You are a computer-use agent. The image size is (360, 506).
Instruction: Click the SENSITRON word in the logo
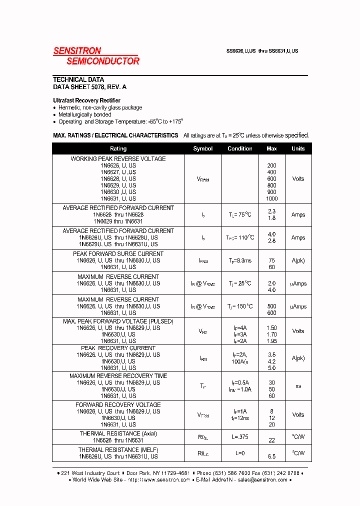pyautogui.click(x=77, y=50)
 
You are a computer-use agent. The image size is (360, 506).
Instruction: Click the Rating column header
pyautogui.click(x=118, y=148)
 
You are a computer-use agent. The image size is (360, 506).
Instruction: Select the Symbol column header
pyautogui.click(x=202, y=148)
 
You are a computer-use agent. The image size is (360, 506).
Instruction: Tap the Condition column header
pyautogui.click(x=240, y=148)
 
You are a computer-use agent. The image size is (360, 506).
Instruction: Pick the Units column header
pyautogui.click(x=298, y=148)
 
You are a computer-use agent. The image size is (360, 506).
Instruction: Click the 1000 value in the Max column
pyautogui.click(x=271, y=198)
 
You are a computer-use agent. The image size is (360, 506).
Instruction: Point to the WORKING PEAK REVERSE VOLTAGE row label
pyautogui.click(x=118, y=159)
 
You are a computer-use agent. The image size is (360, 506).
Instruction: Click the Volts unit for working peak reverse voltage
pyautogui.click(x=298, y=178)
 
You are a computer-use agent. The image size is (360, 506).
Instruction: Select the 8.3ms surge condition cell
pyautogui.click(x=240, y=260)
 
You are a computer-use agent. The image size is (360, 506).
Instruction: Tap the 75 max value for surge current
pyautogui.click(x=271, y=260)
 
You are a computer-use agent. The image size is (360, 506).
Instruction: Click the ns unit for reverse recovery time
pyautogui.click(x=298, y=386)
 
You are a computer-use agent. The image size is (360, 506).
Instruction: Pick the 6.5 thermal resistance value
pyautogui.click(x=271, y=456)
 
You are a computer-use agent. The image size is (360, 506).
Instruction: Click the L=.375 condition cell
pyautogui.click(x=240, y=437)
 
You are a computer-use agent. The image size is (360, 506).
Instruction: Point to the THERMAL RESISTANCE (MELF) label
pyautogui.click(x=118, y=450)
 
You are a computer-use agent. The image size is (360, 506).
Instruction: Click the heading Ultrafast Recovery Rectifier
pyautogui.click(x=86, y=100)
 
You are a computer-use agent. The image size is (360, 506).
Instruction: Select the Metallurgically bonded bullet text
pyautogui.click(x=84, y=114)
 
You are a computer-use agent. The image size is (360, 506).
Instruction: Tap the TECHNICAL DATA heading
pyautogui.click(x=78, y=79)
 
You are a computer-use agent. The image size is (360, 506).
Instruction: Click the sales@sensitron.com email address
pyautogui.click(x=262, y=479)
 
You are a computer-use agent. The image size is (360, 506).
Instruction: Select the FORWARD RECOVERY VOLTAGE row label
pyautogui.click(x=118, y=405)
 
